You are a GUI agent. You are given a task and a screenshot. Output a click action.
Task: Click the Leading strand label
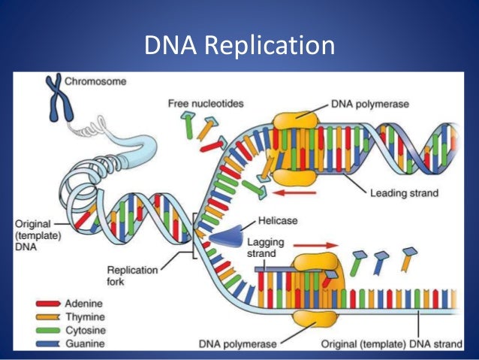[x=404, y=193]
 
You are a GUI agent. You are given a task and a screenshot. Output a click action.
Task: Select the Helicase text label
[x=276, y=221]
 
